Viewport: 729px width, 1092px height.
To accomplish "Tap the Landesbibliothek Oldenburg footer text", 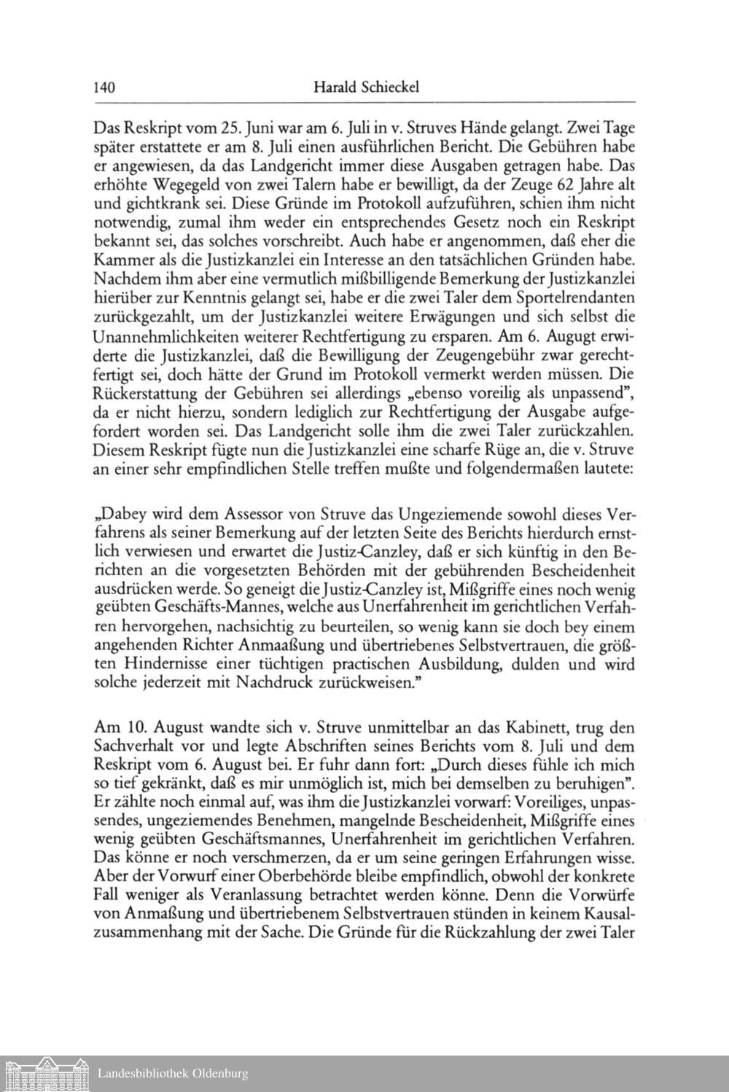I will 173,1073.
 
